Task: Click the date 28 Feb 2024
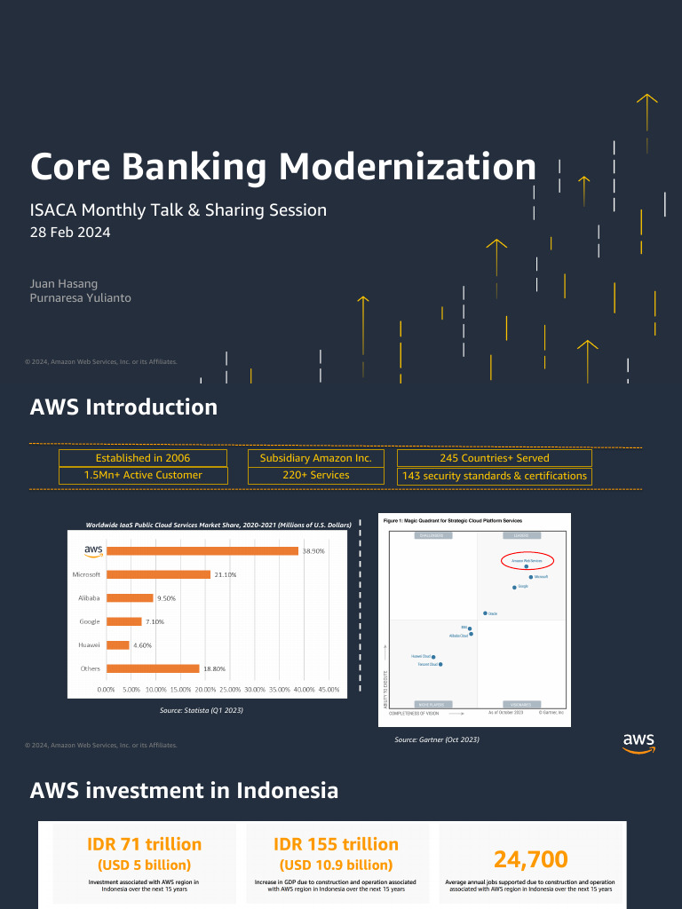point(70,233)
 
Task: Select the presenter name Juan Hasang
point(64,283)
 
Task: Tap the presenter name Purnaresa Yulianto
point(81,298)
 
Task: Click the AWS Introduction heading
point(123,407)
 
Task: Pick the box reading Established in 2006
point(143,458)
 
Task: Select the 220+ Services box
point(316,475)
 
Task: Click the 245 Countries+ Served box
point(495,458)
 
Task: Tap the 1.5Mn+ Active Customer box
point(143,475)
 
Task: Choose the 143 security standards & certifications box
point(495,476)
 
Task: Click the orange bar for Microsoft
point(158,574)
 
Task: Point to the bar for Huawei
point(117,645)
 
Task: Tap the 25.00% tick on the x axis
point(229,689)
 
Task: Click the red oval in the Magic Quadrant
point(527,561)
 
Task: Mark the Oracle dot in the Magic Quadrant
point(485,613)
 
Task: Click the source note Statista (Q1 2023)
point(201,711)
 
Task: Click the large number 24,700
point(530,858)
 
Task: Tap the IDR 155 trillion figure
point(337,844)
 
